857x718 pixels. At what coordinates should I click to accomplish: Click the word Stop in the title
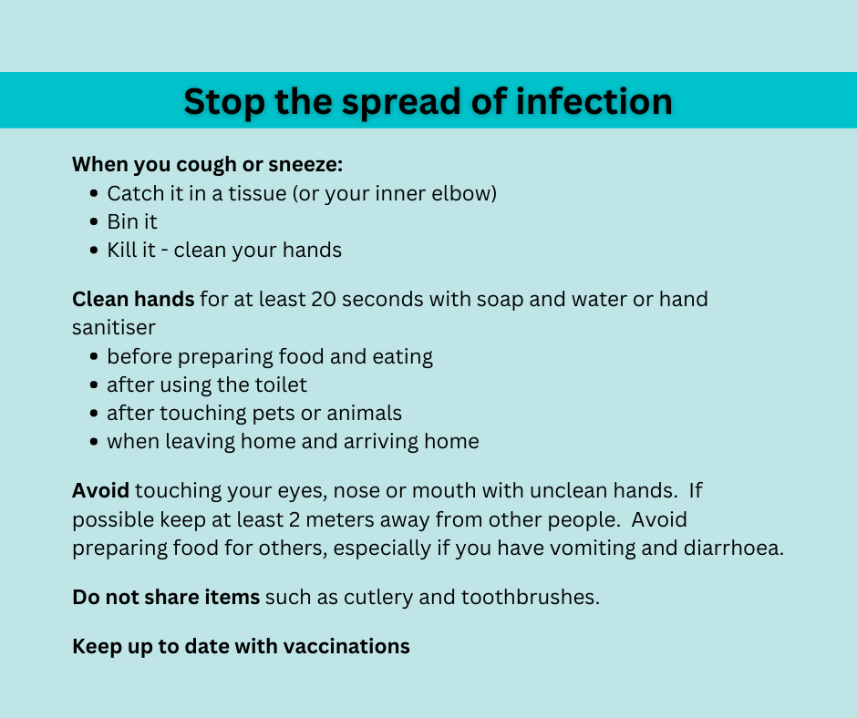(224, 102)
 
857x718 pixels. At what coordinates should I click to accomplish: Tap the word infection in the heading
(594, 101)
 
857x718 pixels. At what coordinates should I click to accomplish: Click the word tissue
(257, 193)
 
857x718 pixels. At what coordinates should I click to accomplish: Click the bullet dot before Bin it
(94, 221)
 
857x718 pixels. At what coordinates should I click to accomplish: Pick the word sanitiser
(114, 328)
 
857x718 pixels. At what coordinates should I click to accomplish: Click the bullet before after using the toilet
(94, 385)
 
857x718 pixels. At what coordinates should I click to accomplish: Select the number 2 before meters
(294, 519)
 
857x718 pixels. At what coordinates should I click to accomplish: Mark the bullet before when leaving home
(94, 442)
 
